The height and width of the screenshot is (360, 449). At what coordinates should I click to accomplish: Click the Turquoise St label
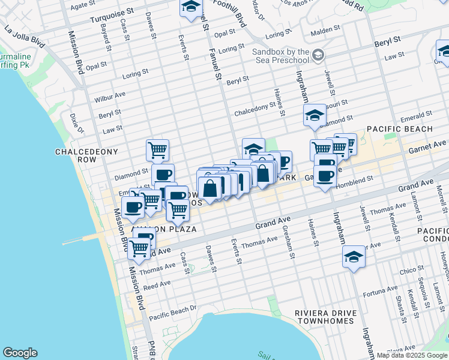[x=112, y=15]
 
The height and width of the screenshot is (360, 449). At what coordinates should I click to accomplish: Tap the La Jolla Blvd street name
[x=24, y=35]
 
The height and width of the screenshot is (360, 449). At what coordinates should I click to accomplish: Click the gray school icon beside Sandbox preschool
[x=318, y=55]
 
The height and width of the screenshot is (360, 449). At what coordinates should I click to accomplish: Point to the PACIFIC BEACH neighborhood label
[x=399, y=129]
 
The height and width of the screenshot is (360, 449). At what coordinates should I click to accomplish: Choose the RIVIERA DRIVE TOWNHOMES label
[x=325, y=317]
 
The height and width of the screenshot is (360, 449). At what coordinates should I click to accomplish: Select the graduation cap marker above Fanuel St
[x=191, y=8]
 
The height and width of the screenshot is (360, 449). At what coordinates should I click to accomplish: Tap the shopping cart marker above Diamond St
[x=157, y=149]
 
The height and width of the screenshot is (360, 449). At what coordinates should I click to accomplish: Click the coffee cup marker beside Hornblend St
[x=325, y=176]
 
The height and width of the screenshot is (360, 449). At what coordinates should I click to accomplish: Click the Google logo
[x=20, y=353]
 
